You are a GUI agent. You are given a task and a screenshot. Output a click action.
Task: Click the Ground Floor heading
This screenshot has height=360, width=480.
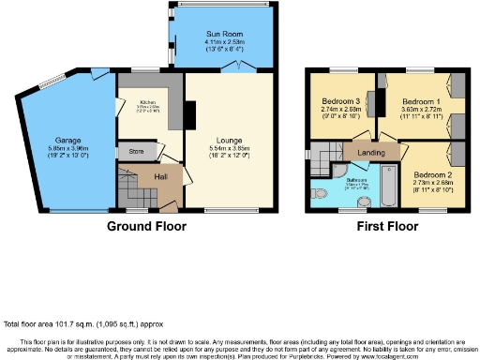click(146, 226)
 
